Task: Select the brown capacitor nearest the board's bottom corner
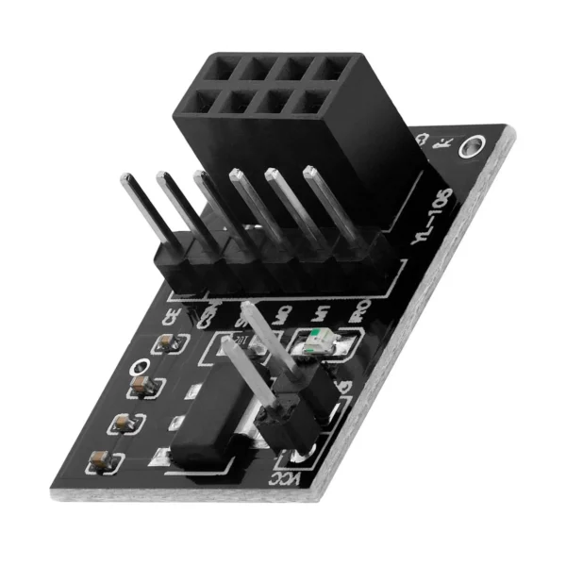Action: pyautogui.click(x=101, y=461)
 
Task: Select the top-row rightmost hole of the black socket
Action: pyautogui.click(x=329, y=68)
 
